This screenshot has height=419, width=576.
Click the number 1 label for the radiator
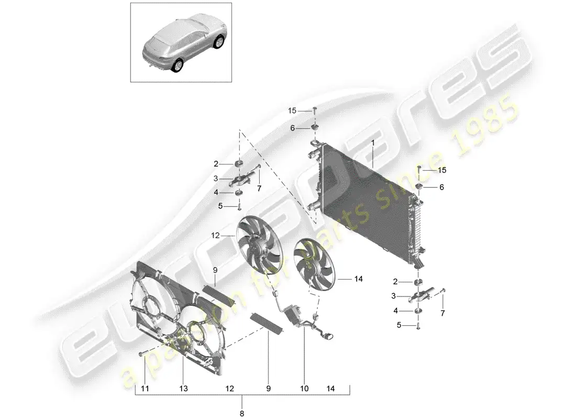[373, 142]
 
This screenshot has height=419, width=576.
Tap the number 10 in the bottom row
[304, 388]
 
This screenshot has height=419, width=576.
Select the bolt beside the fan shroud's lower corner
[142, 355]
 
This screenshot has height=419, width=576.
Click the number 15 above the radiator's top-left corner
[292, 111]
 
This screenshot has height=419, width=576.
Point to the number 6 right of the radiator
[441, 187]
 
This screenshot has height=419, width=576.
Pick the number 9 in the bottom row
[268, 388]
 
